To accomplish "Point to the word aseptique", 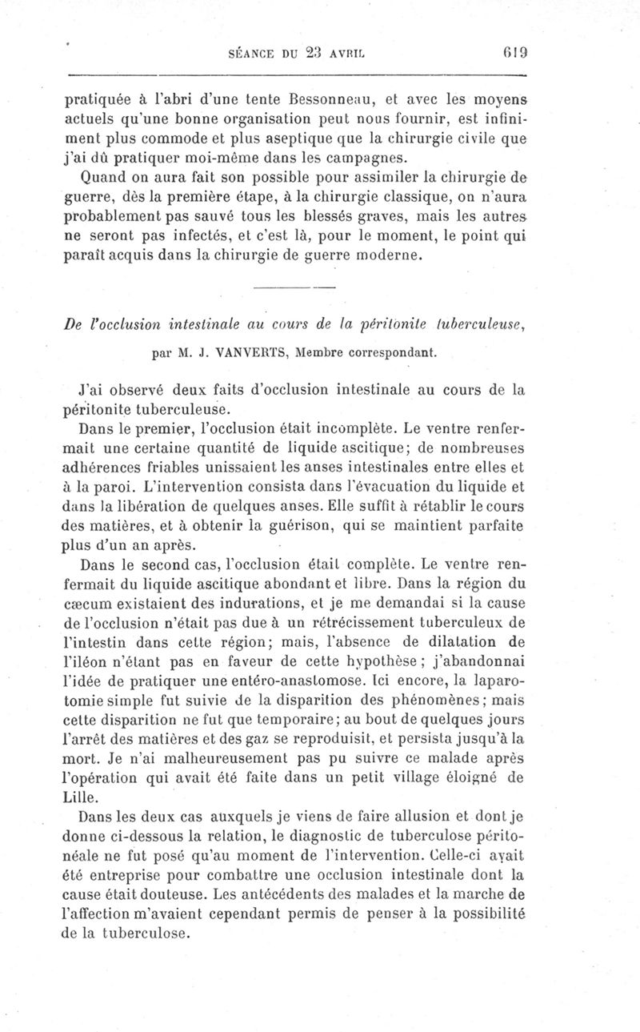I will click(x=315, y=137).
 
